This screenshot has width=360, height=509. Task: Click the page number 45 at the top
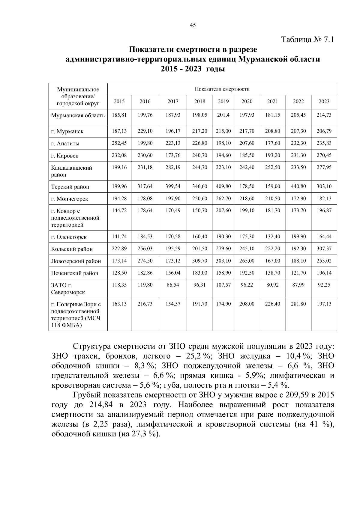point(193,25)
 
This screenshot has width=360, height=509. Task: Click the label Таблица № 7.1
point(307,40)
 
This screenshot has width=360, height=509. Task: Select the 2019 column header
point(223,101)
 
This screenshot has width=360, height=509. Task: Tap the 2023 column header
point(324,101)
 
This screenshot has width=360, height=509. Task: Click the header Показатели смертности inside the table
point(222,89)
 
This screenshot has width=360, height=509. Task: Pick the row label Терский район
point(70,187)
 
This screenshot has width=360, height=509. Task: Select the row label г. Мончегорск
point(70,199)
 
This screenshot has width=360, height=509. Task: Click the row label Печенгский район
point(75,273)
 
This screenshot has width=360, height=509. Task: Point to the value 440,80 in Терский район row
point(298,186)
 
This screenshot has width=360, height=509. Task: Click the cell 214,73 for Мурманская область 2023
point(324,115)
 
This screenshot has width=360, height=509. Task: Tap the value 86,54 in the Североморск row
point(173,285)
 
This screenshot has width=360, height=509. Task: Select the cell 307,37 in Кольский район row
point(324,249)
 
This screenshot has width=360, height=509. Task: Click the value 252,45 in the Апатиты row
point(119,143)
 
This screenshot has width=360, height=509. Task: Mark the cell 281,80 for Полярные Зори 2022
point(298,304)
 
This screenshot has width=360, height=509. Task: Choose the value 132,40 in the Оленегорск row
point(272,237)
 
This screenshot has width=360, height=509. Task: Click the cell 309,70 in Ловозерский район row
point(200,261)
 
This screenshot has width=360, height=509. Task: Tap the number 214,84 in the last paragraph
point(101,405)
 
